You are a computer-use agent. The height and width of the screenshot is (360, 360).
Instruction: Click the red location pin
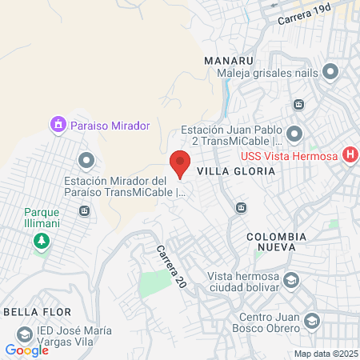180,163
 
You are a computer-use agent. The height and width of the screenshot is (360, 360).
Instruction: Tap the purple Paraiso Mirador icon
57,125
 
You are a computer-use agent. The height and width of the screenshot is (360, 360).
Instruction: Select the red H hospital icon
350,155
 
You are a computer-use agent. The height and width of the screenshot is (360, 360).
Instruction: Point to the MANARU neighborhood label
228,61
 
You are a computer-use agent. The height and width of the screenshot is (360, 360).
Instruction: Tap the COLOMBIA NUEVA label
276,242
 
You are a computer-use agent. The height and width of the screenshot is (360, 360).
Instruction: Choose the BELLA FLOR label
38,310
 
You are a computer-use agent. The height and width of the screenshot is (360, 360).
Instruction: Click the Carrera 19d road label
304,15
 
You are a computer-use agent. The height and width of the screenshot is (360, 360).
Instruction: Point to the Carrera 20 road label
168,267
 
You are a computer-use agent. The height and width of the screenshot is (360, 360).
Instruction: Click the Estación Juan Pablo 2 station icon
294,133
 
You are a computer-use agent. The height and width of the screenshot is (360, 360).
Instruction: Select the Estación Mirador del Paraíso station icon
86,158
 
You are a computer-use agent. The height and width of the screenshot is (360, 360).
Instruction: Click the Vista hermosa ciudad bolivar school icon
292,280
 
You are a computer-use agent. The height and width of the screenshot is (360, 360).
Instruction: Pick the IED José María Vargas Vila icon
26,333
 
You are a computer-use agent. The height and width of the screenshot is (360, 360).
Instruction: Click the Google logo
26,350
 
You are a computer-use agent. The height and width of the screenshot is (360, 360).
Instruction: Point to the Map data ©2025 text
326,354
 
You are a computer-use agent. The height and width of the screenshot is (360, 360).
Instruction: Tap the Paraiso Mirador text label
110,126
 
